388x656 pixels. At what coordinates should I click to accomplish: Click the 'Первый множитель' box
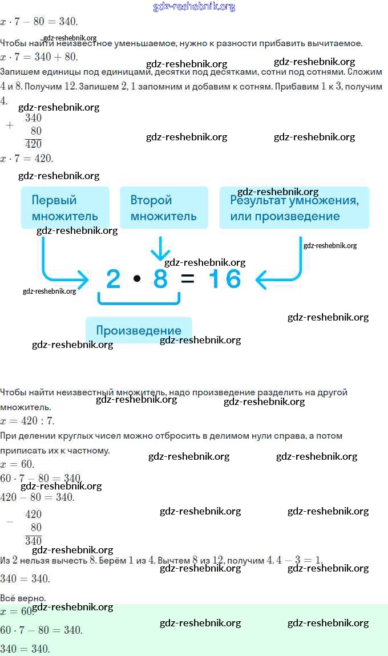(65, 208)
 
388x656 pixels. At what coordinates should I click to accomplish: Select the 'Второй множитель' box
(163, 208)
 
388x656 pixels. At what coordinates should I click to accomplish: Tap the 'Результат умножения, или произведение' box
(294, 208)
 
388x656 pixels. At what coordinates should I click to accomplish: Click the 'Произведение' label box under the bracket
(139, 330)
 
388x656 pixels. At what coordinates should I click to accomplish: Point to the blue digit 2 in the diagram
(114, 279)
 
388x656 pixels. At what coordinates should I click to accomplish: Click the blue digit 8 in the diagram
(160, 279)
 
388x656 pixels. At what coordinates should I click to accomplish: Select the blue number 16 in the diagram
(225, 279)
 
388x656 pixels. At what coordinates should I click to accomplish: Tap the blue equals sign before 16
(187, 280)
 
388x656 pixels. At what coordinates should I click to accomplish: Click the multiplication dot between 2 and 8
(137, 279)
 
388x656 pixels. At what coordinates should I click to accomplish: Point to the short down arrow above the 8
(160, 249)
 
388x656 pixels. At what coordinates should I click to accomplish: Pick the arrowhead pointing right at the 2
(83, 280)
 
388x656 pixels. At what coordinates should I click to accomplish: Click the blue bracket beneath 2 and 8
(139, 299)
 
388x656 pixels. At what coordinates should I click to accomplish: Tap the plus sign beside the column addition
(9, 125)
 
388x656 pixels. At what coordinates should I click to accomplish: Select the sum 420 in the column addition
(34, 144)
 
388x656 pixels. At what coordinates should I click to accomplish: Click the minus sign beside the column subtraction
(9, 521)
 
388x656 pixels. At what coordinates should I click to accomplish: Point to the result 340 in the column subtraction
(34, 540)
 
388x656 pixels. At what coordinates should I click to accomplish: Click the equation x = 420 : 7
(27, 421)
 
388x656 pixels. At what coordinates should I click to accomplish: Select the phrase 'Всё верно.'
(23, 598)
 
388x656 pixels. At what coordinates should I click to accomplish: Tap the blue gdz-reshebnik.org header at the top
(195, 7)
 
